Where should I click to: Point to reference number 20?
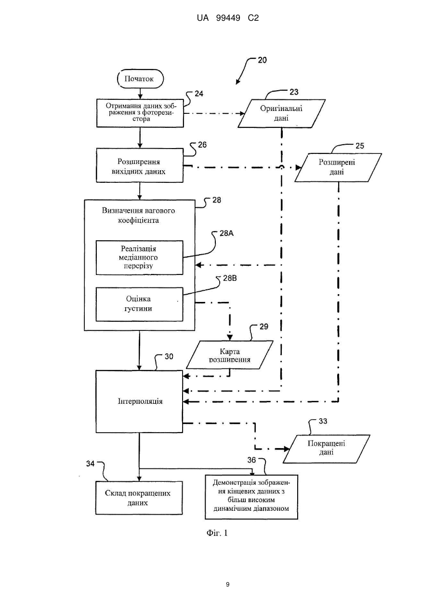tap(263, 60)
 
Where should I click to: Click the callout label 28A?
tap(226, 233)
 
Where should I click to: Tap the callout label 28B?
tap(230, 278)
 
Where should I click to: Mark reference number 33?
tap(323, 421)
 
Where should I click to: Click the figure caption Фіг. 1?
tap(217, 533)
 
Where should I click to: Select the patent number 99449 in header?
tap(228, 18)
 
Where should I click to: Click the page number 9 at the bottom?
tap(227, 585)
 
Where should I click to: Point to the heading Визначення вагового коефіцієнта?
tap(139, 216)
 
